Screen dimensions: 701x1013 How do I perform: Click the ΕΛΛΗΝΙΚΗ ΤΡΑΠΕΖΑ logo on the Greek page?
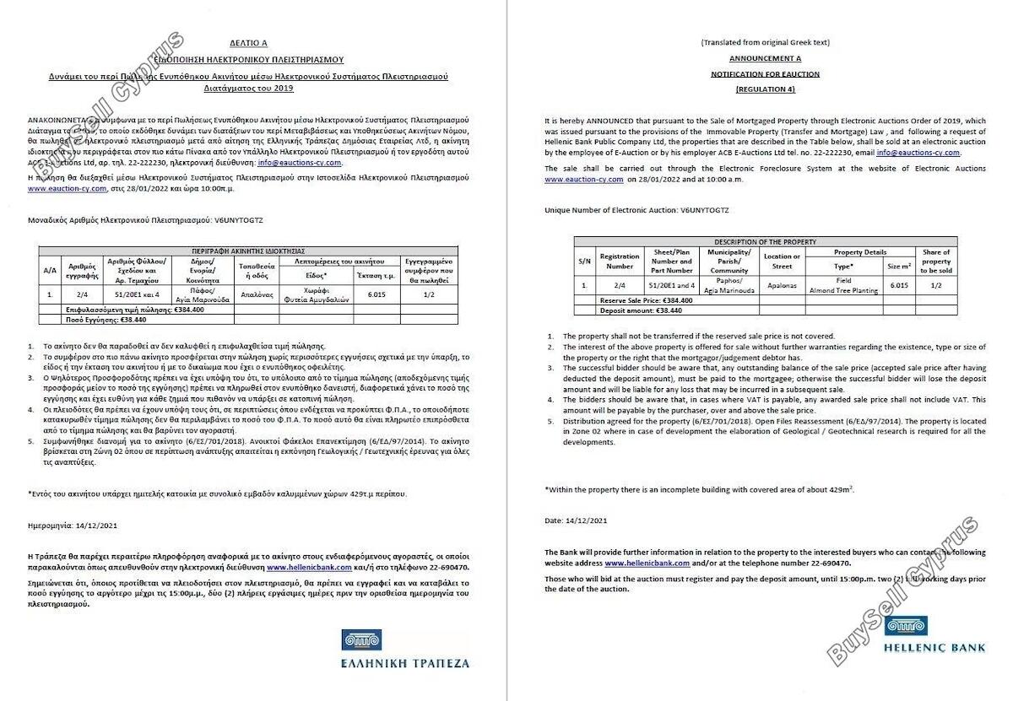click(405, 650)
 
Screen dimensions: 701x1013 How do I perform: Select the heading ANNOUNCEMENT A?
click(765, 58)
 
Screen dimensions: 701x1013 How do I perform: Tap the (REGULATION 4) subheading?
click(765, 89)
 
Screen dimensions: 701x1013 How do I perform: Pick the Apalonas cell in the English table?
click(782, 286)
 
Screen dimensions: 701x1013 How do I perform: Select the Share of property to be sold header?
click(936, 261)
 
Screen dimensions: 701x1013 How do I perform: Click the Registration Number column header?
click(620, 261)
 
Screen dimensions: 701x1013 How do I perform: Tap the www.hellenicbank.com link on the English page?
click(647, 562)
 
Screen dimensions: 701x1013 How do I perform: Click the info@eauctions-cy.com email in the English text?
click(918, 153)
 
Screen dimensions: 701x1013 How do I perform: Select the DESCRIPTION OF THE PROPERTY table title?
click(765, 242)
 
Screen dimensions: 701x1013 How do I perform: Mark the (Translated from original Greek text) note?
click(765, 42)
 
